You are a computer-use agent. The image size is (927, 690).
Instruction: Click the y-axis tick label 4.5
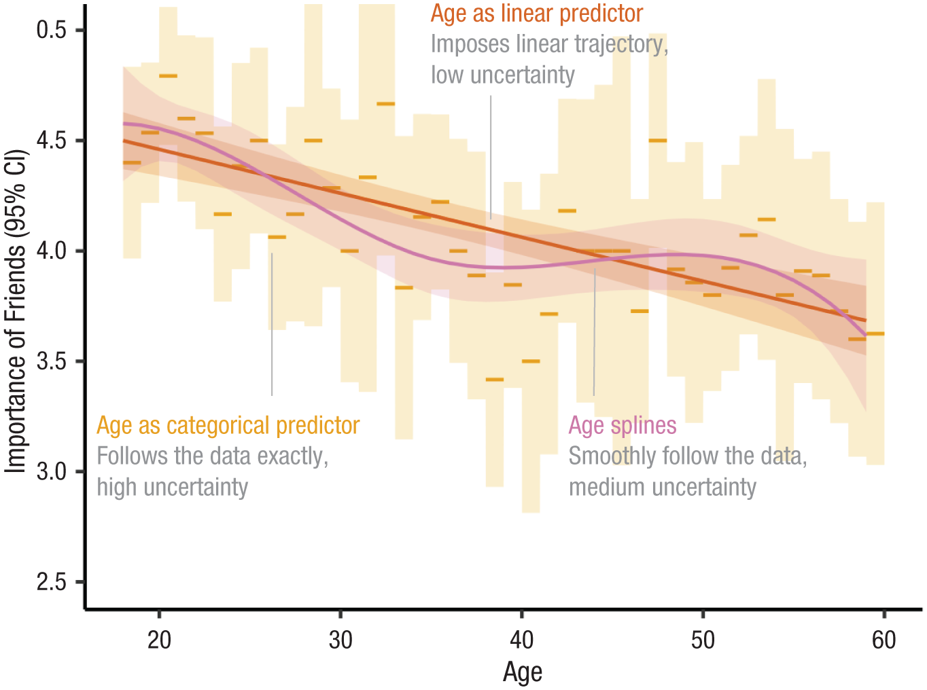pyautogui.click(x=52, y=141)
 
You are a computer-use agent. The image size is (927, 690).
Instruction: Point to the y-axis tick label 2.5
pyautogui.click(x=52, y=582)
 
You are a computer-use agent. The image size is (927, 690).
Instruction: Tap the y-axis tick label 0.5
pyautogui.click(x=52, y=31)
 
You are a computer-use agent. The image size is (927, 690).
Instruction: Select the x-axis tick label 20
pyautogui.click(x=159, y=640)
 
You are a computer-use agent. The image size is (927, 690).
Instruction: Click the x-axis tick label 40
pyautogui.click(x=521, y=640)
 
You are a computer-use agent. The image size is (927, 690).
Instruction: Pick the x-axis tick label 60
pyautogui.click(x=884, y=640)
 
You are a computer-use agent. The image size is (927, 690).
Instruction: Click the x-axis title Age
pyautogui.click(x=522, y=672)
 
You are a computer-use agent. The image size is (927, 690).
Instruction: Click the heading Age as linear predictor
pyautogui.click(x=537, y=14)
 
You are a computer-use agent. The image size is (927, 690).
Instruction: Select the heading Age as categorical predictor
pyautogui.click(x=228, y=425)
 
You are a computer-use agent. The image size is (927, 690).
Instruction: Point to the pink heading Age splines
pyautogui.click(x=623, y=425)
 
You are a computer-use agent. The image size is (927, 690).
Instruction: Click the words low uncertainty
pyautogui.click(x=503, y=75)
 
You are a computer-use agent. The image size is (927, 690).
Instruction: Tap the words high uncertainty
pyautogui.click(x=173, y=487)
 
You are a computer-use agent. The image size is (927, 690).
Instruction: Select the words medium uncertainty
pyautogui.click(x=662, y=487)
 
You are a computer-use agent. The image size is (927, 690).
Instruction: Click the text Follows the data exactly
pyautogui.click(x=212, y=456)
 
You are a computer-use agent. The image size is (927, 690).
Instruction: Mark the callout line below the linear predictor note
pyautogui.click(x=491, y=156)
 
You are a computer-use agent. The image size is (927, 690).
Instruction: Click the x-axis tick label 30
pyautogui.click(x=340, y=640)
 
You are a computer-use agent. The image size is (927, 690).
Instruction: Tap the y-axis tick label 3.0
pyautogui.click(x=52, y=471)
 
